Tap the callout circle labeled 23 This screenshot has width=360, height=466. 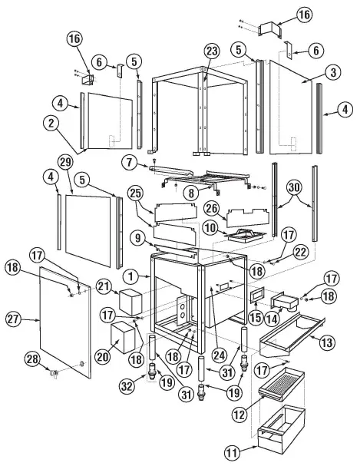pyautogui.click(x=211, y=51)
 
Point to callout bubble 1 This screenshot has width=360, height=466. pyautogui.click(x=134, y=275)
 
